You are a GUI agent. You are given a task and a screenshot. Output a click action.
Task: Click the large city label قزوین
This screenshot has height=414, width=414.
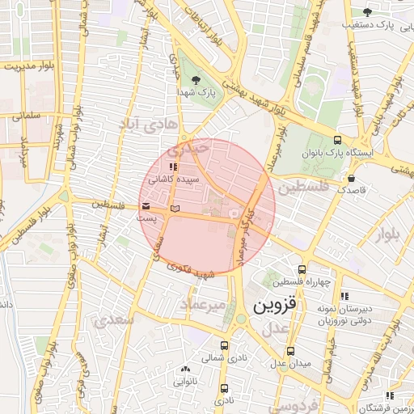click(x=276, y=306)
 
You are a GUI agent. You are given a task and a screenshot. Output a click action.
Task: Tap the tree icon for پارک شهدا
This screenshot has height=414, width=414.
click(x=196, y=79)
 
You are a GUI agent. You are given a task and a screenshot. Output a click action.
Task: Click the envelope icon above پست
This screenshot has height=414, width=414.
click(x=146, y=205)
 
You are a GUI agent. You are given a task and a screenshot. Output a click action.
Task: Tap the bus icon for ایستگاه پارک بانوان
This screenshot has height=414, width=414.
click(x=336, y=140)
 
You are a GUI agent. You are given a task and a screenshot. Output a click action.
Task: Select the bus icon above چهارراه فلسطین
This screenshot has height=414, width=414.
click(x=302, y=269)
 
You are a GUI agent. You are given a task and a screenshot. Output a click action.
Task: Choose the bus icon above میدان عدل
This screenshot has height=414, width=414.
click(x=290, y=351)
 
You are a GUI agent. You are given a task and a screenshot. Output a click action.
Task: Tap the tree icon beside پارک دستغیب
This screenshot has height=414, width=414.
click(x=367, y=11)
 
